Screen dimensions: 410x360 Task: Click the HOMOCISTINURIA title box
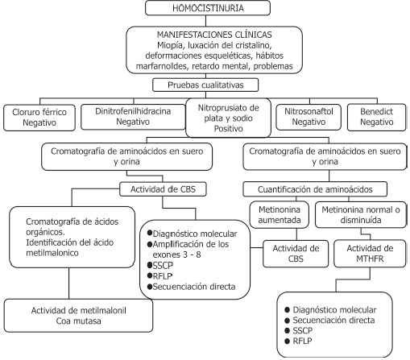click(208, 8)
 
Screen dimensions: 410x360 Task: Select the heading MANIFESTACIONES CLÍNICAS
click(214, 35)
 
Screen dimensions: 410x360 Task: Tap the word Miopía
click(170, 45)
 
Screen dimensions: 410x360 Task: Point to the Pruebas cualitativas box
click(205, 85)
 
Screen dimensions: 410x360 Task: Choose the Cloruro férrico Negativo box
click(39, 118)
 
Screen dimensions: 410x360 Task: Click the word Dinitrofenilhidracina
click(133, 111)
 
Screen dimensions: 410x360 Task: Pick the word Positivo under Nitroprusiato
click(228, 129)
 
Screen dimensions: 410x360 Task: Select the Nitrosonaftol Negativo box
click(309, 117)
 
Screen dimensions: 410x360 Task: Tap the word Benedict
click(376, 111)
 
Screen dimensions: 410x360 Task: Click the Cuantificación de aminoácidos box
click(315, 189)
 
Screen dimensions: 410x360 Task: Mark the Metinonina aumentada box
click(280, 215)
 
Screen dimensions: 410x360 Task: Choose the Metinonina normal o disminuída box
click(361, 215)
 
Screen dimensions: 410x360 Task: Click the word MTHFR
click(370, 259)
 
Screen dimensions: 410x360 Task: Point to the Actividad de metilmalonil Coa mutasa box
click(78, 316)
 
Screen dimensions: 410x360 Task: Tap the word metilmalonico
click(52, 253)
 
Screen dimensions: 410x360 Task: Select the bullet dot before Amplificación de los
click(150, 244)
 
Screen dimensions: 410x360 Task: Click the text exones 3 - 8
click(176, 254)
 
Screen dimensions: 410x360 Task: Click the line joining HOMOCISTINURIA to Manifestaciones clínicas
click(206, 21)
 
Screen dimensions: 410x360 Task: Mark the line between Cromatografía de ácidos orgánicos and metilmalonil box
click(69, 283)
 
